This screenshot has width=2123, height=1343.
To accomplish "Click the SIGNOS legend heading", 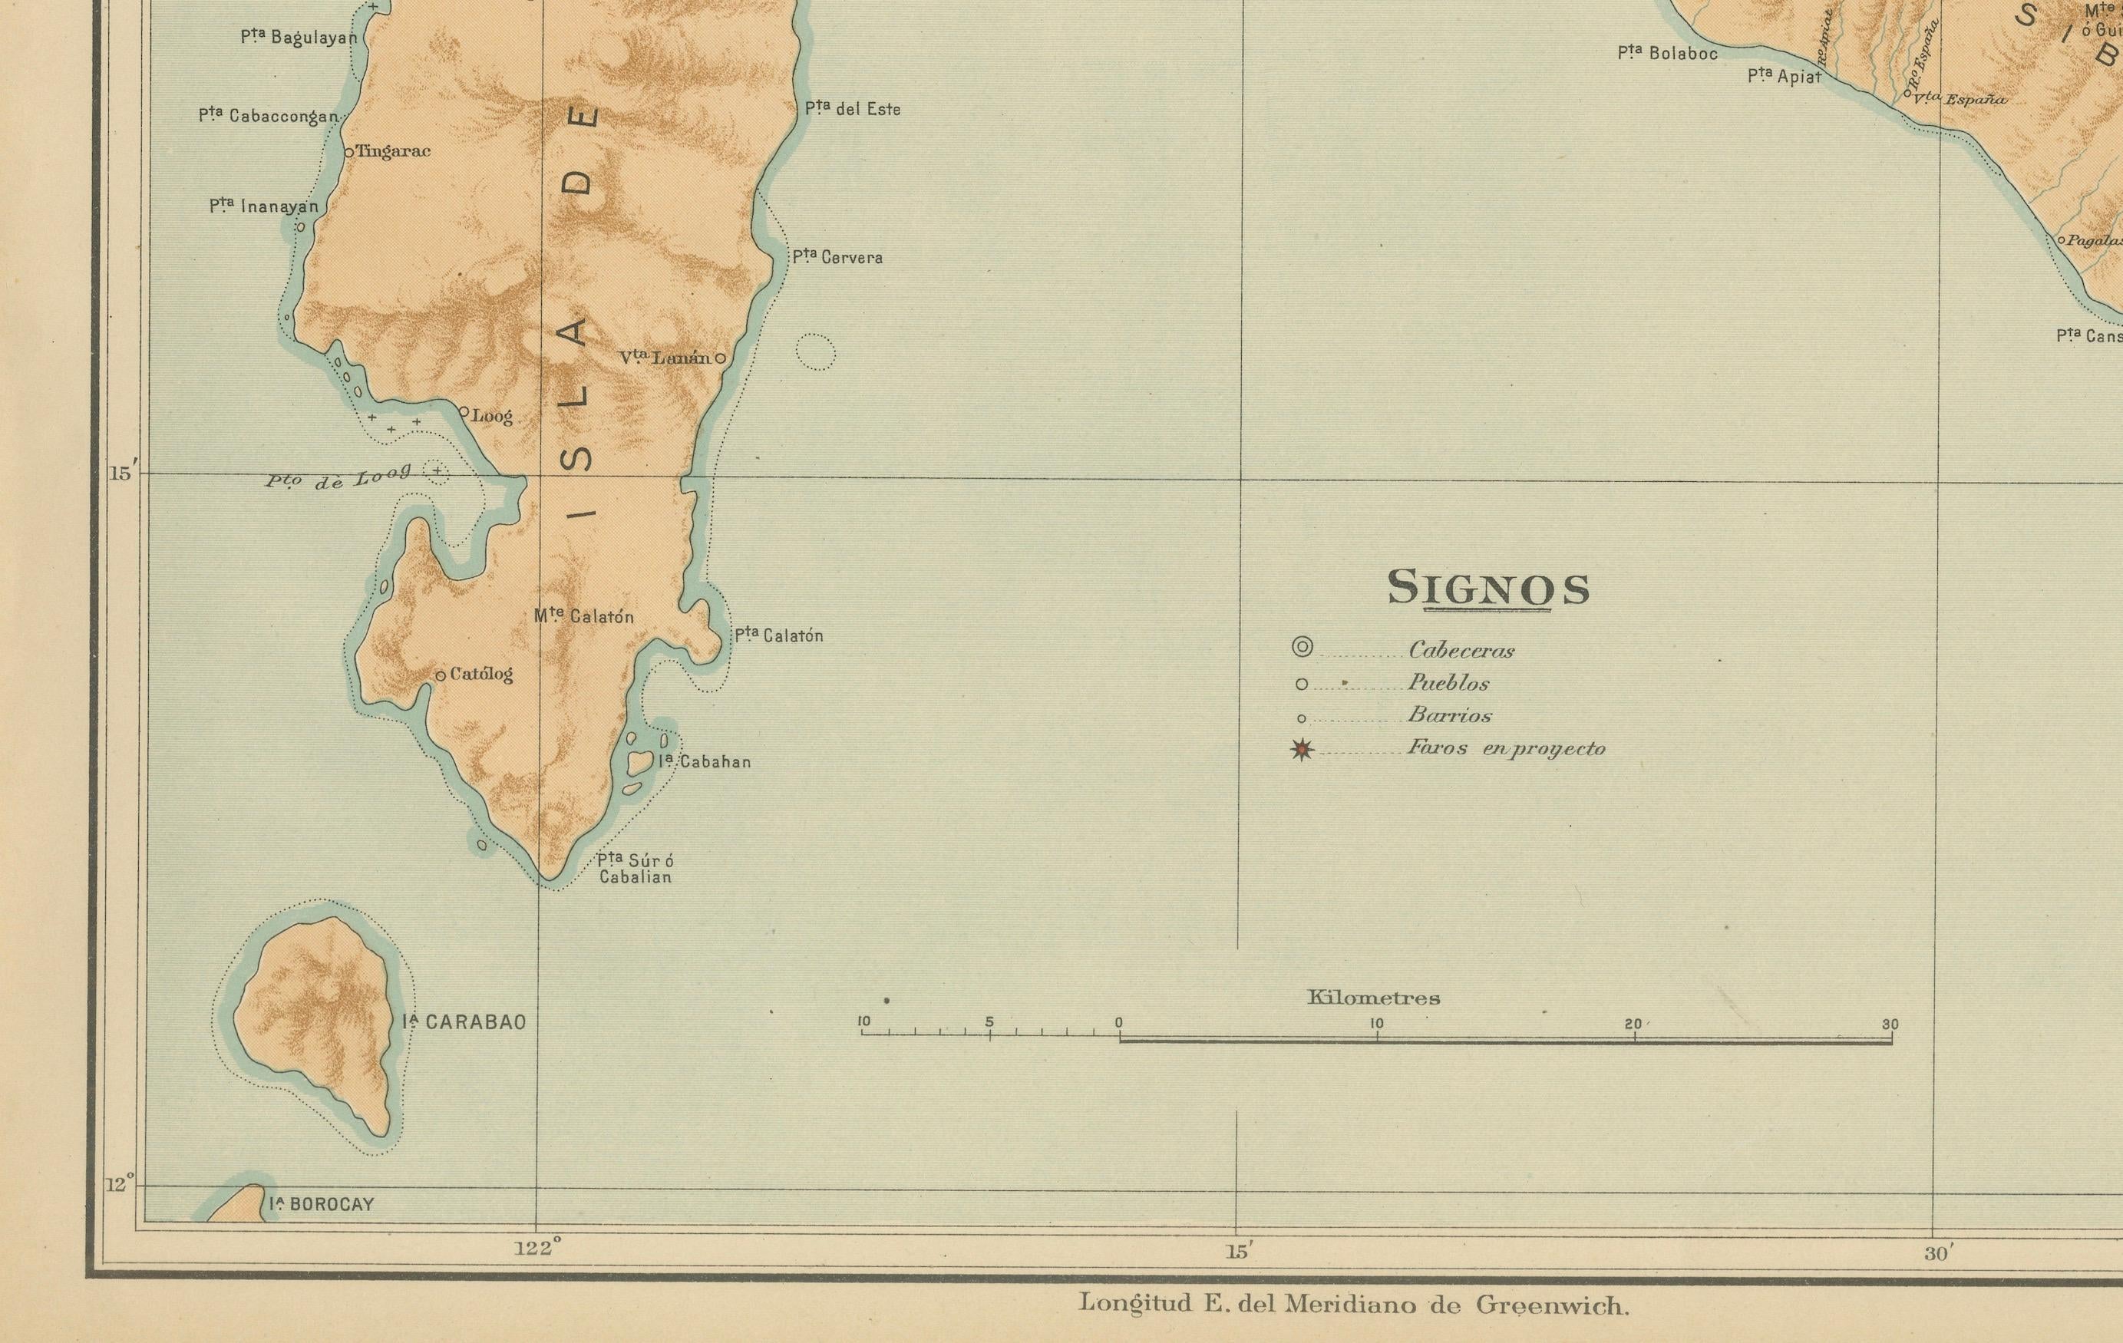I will click(x=1488, y=588).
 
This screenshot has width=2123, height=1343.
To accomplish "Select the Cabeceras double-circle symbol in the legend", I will click(x=1303, y=647).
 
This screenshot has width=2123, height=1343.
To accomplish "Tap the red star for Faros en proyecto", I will click(x=1303, y=751).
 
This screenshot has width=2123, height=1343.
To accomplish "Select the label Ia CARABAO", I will click(x=464, y=1022).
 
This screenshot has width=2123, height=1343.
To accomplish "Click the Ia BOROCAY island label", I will click(x=322, y=1205).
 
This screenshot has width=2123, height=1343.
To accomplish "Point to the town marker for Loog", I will click(x=464, y=411).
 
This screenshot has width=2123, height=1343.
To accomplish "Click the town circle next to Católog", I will click(x=441, y=675).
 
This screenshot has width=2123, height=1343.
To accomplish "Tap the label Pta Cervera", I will click(x=837, y=258).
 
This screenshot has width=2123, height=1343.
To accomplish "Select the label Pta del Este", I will click(x=853, y=109).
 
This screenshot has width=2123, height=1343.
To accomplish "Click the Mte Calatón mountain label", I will click(x=583, y=616).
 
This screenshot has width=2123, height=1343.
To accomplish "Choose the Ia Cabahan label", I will click(x=705, y=762).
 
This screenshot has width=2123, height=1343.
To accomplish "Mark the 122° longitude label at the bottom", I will click(x=538, y=1249).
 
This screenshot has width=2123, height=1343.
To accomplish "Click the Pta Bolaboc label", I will click(x=1667, y=54).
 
